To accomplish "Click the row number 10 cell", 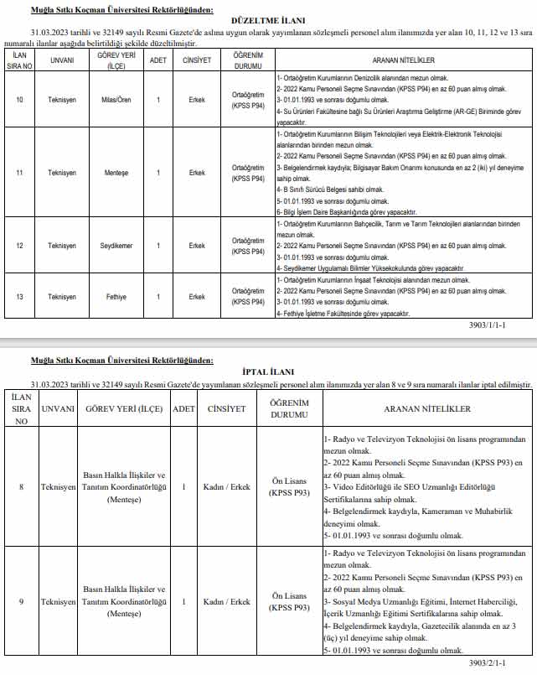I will click(20, 99).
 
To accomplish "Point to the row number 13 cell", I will click(20, 297).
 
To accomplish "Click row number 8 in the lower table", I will click(20, 487).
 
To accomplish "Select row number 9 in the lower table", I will click(20, 601).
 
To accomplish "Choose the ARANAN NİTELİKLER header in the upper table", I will click(402, 60).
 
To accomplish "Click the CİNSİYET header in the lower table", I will click(226, 409).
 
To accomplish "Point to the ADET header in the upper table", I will click(157, 60).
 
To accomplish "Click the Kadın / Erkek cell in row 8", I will click(226, 487).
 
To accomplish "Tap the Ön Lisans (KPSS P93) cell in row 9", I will click(289, 601).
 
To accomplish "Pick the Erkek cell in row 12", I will click(197, 246).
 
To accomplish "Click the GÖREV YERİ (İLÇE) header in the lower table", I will click(124, 409).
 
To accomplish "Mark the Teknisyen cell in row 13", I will click(61, 297).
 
